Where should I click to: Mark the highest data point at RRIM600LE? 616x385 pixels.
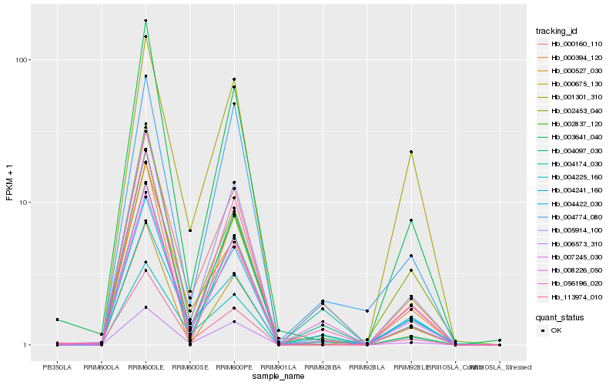pos(146,21)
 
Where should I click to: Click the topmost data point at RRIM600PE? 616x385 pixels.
pos(234,79)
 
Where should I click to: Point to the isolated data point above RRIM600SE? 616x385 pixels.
pos(189,230)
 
